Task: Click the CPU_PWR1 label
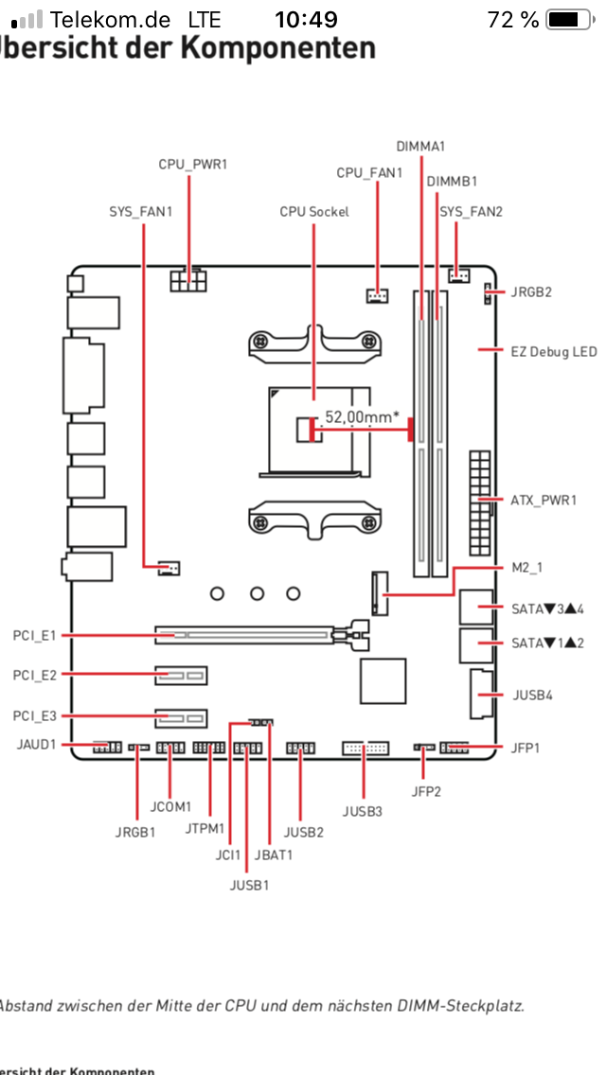click(192, 165)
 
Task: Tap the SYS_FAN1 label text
click(141, 212)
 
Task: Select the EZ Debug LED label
click(554, 352)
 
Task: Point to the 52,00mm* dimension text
click(362, 415)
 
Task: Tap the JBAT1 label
click(273, 855)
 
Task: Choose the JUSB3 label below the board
click(363, 812)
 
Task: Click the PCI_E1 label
click(34, 636)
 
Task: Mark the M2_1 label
click(530, 569)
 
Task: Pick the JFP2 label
click(426, 791)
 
